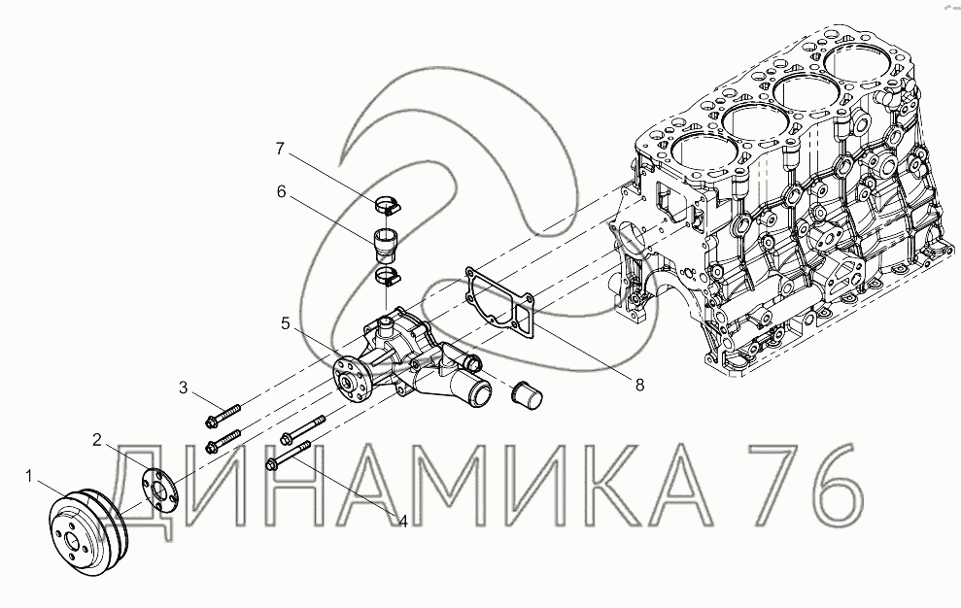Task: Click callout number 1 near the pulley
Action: click(28, 476)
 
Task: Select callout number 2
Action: click(97, 439)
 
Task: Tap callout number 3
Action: click(184, 388)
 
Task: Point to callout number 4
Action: click(402, 521)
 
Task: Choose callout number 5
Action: click(286, 323)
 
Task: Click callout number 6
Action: click(282, 192)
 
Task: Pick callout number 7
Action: click(280, 149)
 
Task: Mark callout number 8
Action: click(639, 385)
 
